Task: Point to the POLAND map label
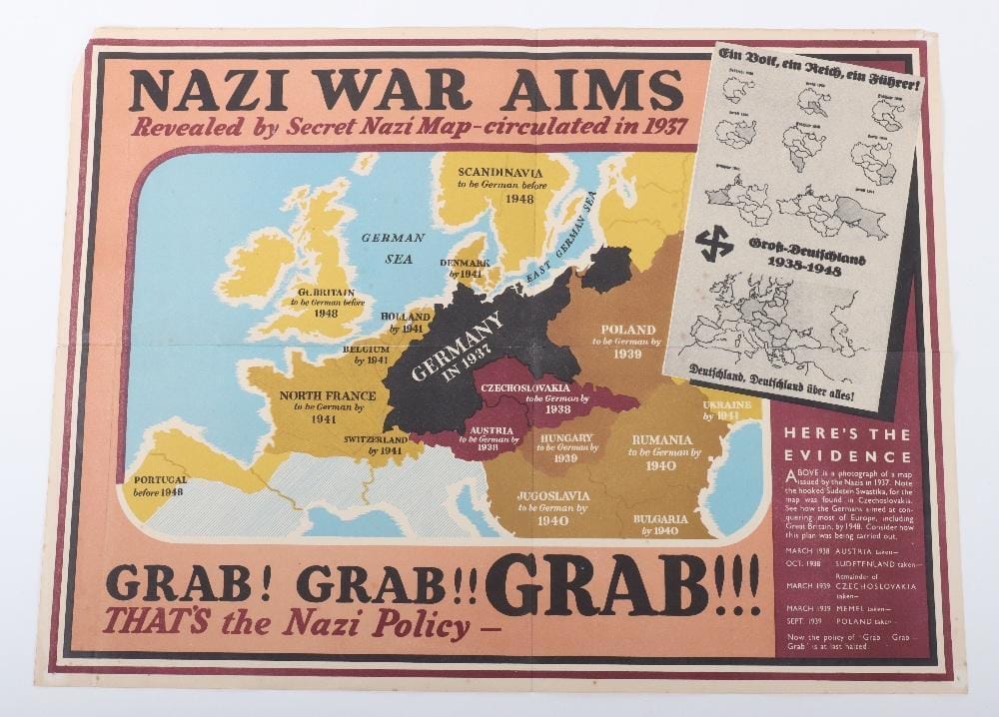pos(628,330)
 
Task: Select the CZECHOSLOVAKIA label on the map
pos(525,387)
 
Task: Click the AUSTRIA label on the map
pos(491,431)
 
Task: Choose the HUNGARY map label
pos(565,438)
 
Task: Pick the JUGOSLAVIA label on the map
pos(553,495)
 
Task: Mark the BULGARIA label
pos(659,519)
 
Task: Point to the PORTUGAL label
pos(160,480)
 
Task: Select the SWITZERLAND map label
pos(376,439)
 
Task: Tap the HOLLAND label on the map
pos(407,316)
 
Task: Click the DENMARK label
pos(465,263)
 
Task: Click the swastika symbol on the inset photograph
pos(713,243)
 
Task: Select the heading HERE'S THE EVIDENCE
pos(847,444)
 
